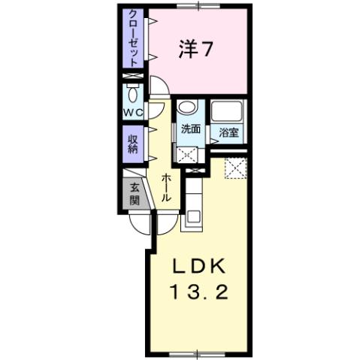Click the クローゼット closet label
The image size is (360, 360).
(133, 38)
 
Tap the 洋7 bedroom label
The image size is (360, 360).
(197, 50)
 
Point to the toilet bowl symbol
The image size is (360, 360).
(133, 95)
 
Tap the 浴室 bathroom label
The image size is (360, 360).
(228, 134)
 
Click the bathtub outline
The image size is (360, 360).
(227, 113)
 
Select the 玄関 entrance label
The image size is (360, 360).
(133, 194)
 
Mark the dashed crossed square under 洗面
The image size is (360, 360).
(188, 153)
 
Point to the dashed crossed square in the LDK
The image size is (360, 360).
(237, 168)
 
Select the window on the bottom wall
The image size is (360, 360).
(198, 352)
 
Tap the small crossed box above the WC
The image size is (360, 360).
(133, 76)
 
